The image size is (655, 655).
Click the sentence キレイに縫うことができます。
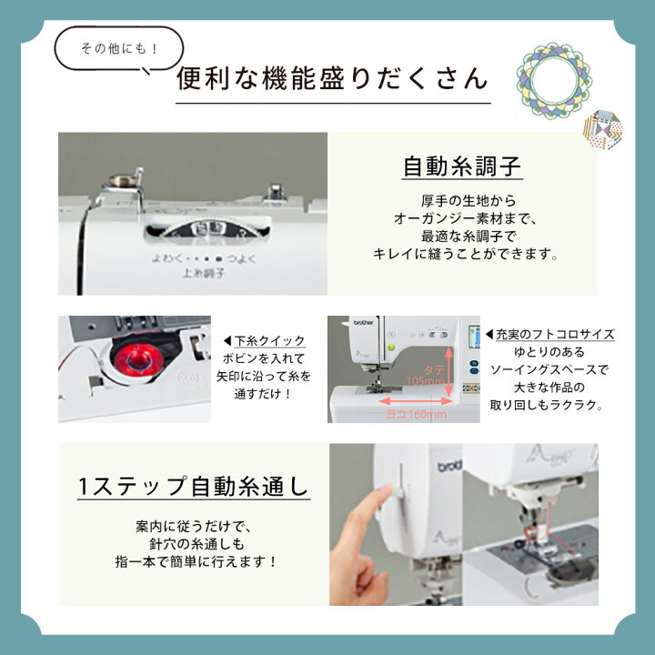(465, 256)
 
